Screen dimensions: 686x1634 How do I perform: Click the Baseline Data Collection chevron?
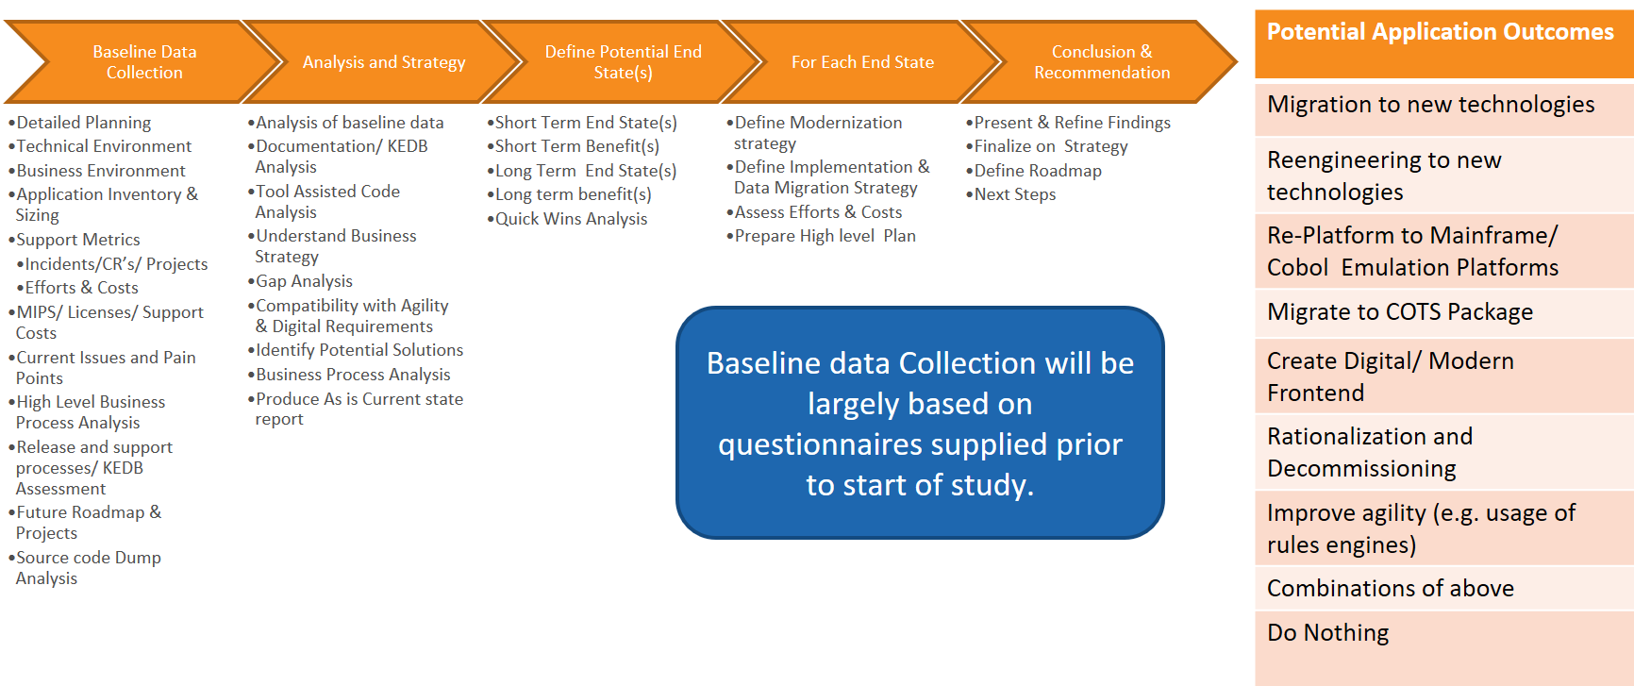[x=144, y=62]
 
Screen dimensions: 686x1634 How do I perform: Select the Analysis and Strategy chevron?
[x=383, y=62]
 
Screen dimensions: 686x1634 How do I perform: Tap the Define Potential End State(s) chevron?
[x=623, y=62]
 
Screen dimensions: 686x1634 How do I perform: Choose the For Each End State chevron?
[x=862, y=62]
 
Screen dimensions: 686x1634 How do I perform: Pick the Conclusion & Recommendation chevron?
[x=1101, y=62]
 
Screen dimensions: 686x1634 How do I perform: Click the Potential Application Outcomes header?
[x=1440, y=32]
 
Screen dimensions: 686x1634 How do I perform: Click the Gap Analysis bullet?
[x=304, y=281]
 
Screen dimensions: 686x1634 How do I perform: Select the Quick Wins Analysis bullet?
[x=571, y=219]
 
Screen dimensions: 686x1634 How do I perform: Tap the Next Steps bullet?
[x=1014, y=194]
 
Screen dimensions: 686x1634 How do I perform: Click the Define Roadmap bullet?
[x=1037, y=171]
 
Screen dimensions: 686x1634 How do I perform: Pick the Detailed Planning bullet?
[x=83, y=123]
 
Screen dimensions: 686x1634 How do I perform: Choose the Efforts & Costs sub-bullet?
[x=81, y=288]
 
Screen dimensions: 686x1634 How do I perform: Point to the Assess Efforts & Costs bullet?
[x=818, y=212]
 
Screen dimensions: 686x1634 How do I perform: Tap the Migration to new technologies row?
[x=1430, y=105]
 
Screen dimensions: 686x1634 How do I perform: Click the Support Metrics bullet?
[x=77, y=240]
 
